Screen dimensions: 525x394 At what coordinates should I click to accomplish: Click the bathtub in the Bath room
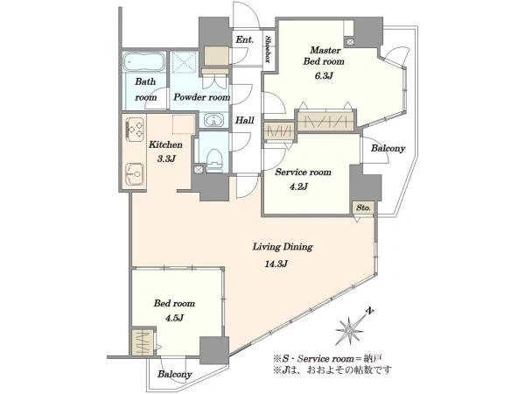point(143,62)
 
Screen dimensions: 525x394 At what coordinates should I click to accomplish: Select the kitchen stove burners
point(135,130)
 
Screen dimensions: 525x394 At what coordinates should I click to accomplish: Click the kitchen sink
point(135,173)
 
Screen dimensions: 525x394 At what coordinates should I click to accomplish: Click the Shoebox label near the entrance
point(268,49)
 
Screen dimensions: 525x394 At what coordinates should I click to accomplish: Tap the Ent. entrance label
point(245,39)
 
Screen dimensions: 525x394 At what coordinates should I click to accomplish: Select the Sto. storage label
point(363,208)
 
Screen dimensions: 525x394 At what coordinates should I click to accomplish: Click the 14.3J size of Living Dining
point(276,264)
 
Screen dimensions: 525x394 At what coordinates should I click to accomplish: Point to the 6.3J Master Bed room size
point(324,75)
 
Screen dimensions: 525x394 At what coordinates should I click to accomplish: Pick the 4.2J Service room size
point(298,186)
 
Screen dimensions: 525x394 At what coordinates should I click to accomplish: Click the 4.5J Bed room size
point(174,317)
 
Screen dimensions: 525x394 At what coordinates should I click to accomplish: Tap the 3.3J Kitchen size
point(166,158)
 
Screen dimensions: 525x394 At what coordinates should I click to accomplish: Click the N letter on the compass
point(369,311)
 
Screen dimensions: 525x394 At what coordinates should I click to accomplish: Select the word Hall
point(244,120)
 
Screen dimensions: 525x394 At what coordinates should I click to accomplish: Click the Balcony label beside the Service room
point(388,148)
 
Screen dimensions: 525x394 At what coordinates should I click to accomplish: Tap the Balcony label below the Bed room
point(175,374)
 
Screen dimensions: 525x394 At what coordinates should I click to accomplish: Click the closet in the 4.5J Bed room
point(143,342)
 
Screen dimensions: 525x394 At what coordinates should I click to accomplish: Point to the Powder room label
point(201,97)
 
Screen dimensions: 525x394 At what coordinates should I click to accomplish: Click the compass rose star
point(349,331)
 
